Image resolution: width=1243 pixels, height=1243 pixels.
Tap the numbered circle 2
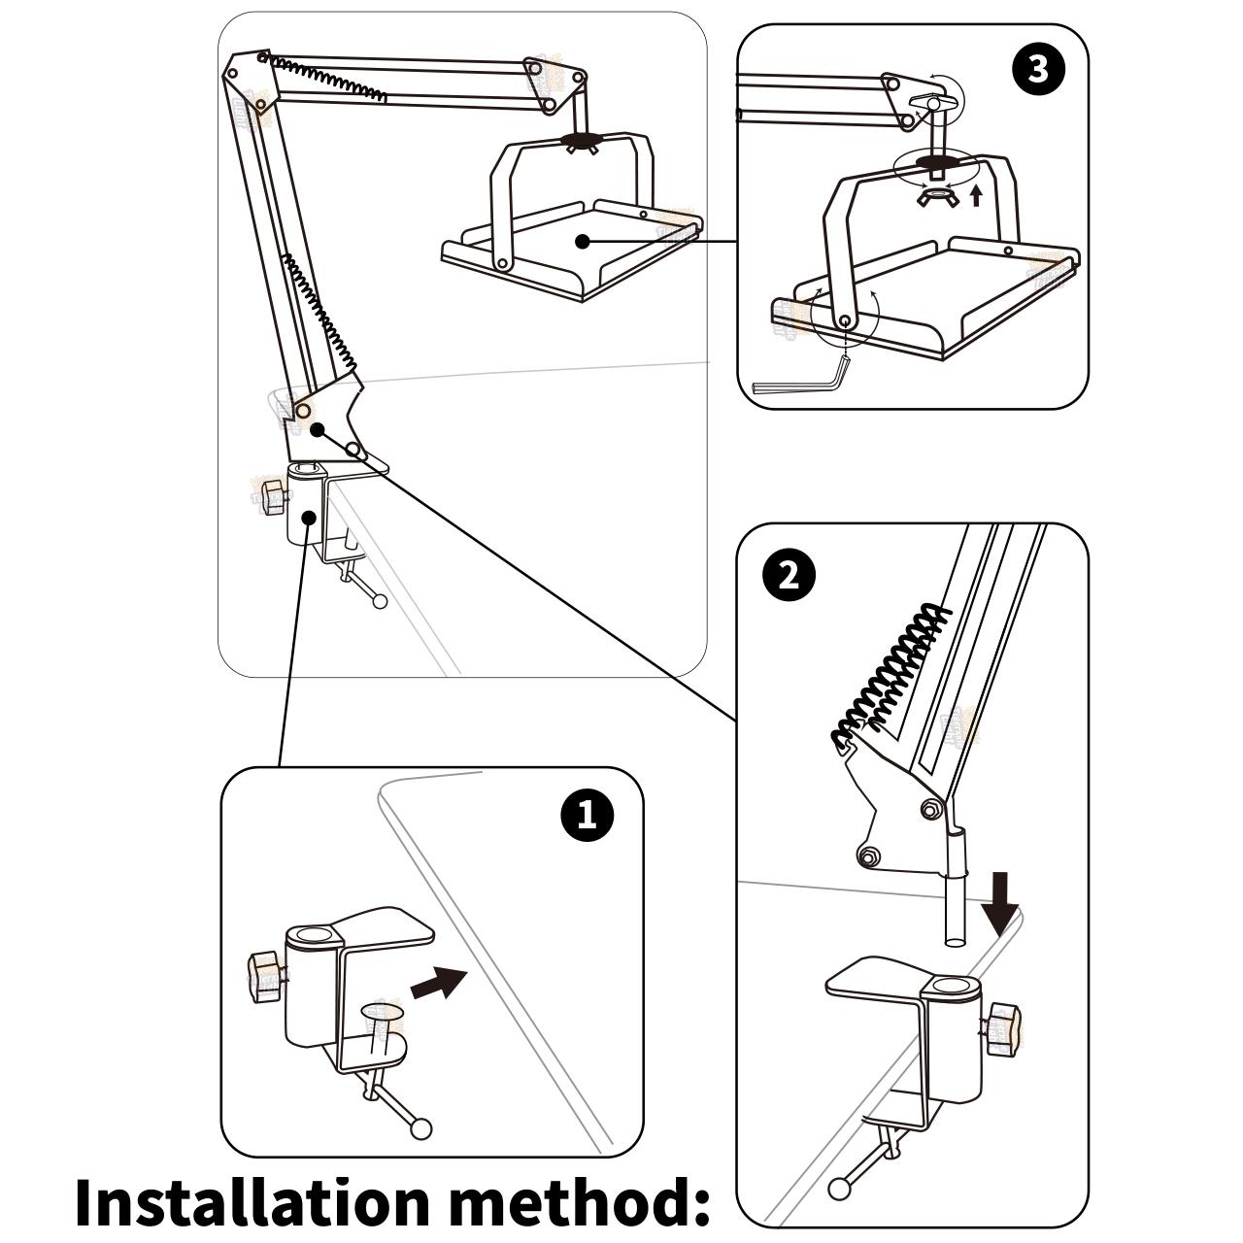[x=789, y=575]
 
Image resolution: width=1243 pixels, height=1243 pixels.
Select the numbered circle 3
[x=1038, y=71]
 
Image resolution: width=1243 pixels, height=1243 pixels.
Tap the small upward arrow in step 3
[x=976, y=196]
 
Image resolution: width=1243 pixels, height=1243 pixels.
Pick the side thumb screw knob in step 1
[x=264, y=975]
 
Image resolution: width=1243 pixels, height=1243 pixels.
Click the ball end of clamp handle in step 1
[x=420, y=1127]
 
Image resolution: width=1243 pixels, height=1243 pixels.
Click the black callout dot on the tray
[x=582, y=241]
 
